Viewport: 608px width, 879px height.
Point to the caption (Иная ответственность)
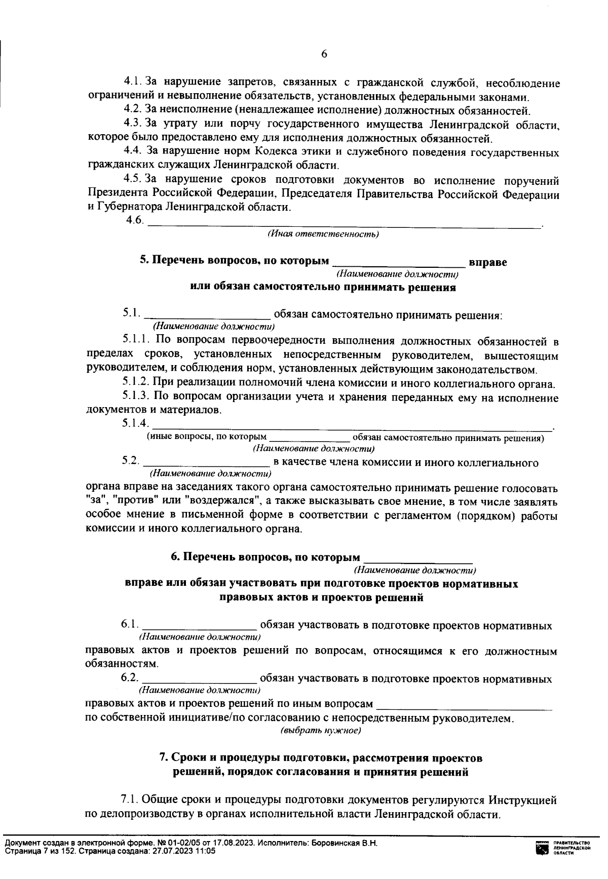pyautogui.click(x=323, y=234)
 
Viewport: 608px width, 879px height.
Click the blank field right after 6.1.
pyautogui.click(x=201, y=626)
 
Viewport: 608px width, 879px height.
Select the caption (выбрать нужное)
pyautogui.click(x=320, y=731)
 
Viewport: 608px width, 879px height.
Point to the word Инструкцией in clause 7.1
pyautogui.click(x=523, y=801)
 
